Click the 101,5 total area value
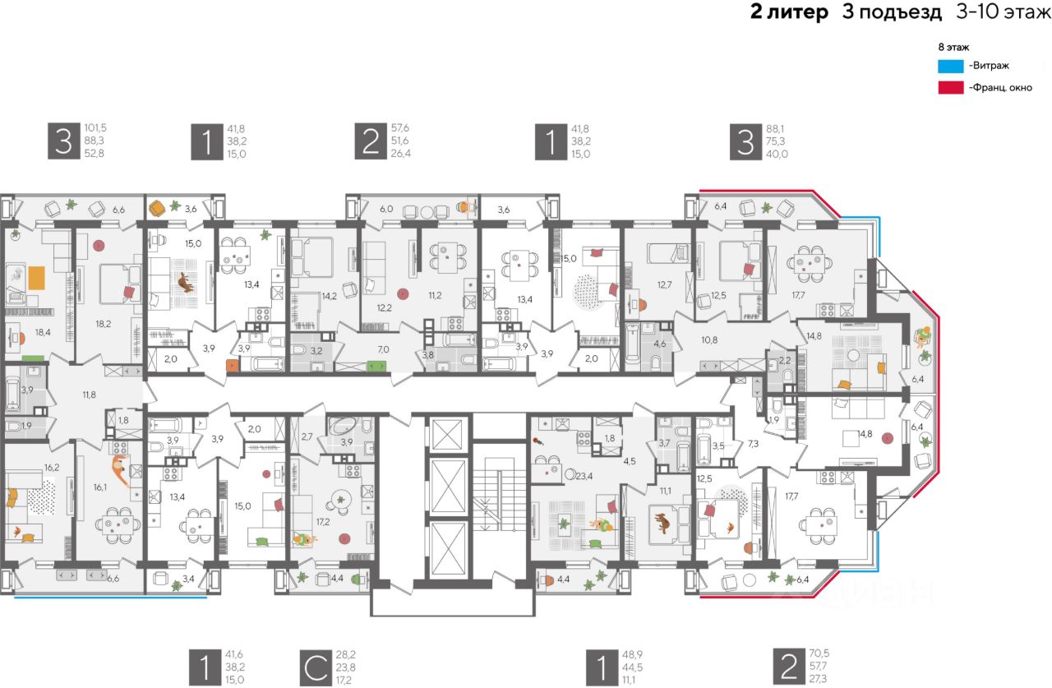tap(95, 128)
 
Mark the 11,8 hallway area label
tap(90, 395)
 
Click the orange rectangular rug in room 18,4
tap(37, 278)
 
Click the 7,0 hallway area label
tap(383, 350)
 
